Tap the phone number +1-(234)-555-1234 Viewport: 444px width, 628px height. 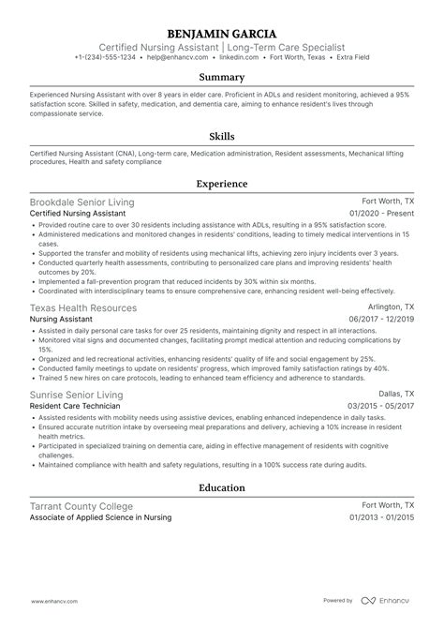coord(105,56)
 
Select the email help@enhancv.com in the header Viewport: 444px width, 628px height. coord(175,56)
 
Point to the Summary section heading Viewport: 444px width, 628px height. coord(222,78)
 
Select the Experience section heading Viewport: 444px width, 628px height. coord(222,185)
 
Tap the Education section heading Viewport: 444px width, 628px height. coord(222,487)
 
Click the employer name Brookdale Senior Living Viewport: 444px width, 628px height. coord(82,202)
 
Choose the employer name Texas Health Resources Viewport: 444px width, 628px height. coord(83,307)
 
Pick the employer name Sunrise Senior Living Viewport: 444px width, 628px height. coord(77,396)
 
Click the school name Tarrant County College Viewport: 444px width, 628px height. coord(81,506)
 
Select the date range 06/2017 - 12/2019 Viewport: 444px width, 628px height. coord(381,319)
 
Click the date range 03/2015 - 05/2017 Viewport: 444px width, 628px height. coord(381,407)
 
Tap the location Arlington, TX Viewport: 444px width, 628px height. coord(392,307)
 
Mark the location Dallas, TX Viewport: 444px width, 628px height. coord(397,396)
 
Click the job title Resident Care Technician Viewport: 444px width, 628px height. coord(78,407)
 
